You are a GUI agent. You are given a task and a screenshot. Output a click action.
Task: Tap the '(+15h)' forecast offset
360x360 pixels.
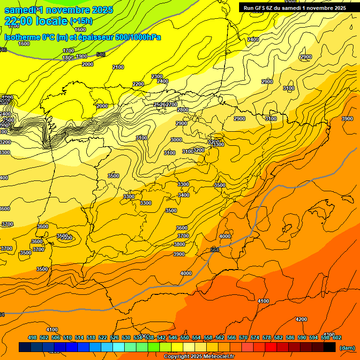click(81, 21)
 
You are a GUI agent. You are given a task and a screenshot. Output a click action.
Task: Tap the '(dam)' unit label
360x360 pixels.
click(346, 348)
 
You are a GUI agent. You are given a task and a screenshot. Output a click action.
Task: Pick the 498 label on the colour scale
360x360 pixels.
click(32, 337)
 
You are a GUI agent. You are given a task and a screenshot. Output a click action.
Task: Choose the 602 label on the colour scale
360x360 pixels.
click(337, 337)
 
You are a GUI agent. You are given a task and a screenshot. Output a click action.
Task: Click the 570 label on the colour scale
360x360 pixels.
click(243, 337)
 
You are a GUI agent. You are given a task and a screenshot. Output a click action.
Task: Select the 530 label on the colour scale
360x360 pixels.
click(126, 337)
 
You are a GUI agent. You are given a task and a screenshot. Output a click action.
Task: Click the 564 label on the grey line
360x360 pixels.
click(215, 249)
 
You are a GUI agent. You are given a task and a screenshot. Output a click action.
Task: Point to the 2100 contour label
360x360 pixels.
click(118, 67)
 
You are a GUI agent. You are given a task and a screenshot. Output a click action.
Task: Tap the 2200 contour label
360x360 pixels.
click(138, 84)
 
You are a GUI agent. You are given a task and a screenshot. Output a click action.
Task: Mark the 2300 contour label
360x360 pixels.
click(157, 76)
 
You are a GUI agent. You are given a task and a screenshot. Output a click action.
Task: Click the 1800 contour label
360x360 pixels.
click(68, 58)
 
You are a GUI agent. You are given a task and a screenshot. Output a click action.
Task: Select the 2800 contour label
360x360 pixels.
click(183, 110)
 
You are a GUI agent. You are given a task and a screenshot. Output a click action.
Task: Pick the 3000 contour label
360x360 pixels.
click(176, 140)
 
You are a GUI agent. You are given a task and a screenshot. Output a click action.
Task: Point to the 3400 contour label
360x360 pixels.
click(184, 195)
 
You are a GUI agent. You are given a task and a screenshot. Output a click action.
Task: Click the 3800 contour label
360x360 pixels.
click(180, 244)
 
